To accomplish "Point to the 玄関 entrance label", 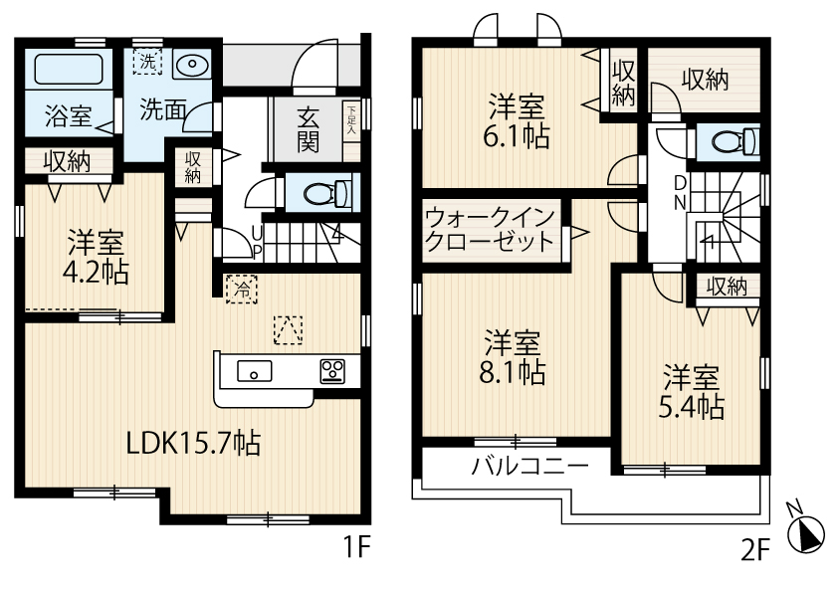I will pyautogui.click(x=308, y=129).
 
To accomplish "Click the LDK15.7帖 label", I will pyautogui.click(x=193, y=443).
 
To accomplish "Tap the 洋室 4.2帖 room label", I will pyautogui.click(x=97, y=257).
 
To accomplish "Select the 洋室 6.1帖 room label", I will pyautogui.click(x=517, y=121).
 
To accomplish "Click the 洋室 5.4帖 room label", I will pyautogui.click(x=693, y=392).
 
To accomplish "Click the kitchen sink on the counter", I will pyautogui.click(x=255, y=372).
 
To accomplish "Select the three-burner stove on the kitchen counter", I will pyautogui.click(x=331, y=371).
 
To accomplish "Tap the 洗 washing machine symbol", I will pyautogui.click(x=147, y=62).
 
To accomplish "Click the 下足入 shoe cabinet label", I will pyautogui.click(x=350, y=118).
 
